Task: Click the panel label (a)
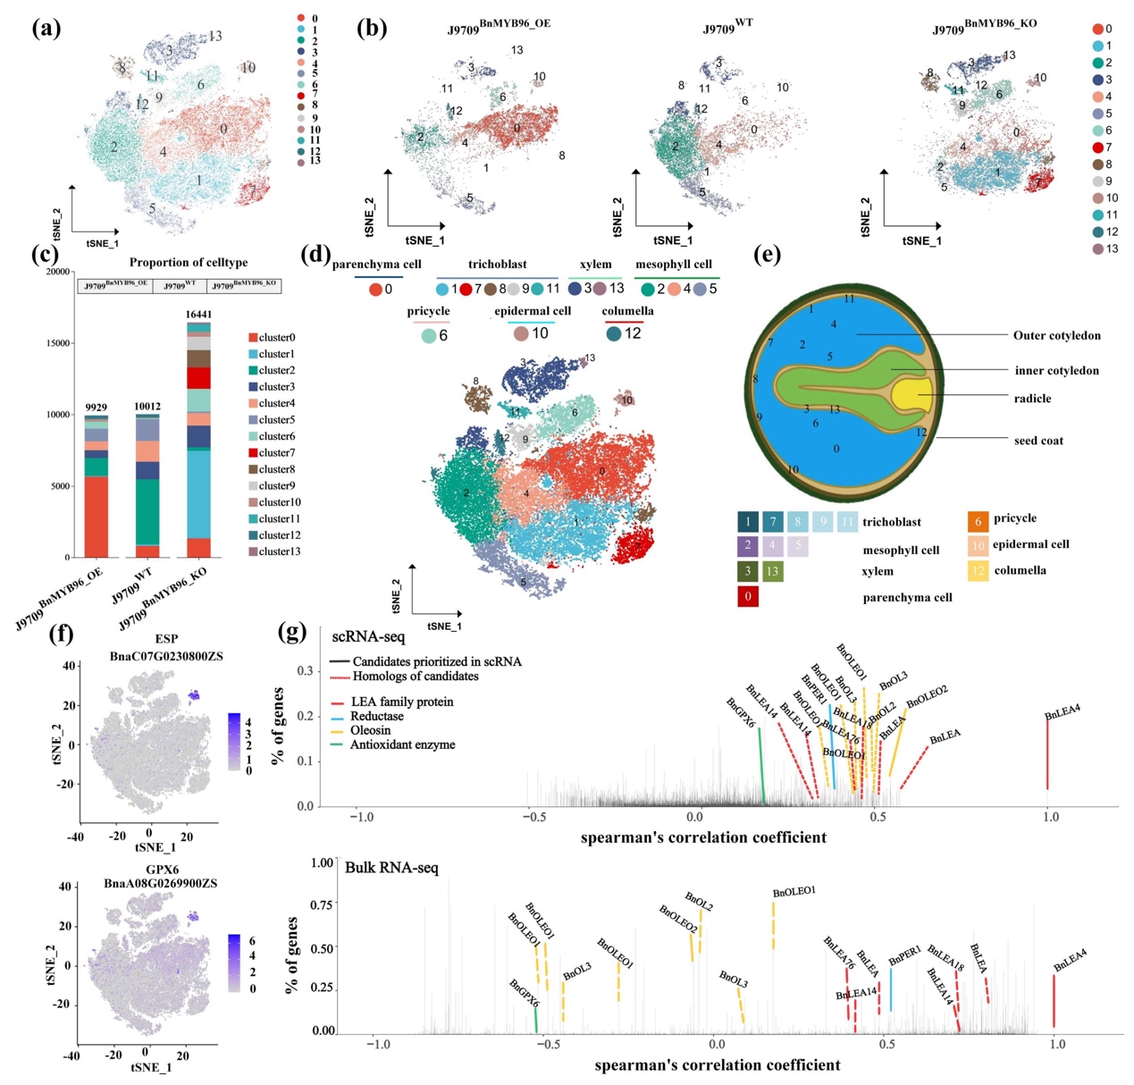[x=46, y=29]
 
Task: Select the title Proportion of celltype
[x=189, y=263]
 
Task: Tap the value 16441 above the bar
[x=198, y=315]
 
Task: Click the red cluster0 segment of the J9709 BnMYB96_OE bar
[x=96, y=517]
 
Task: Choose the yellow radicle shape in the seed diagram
[x=912, y=394]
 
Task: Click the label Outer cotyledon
[x=1056, y=336]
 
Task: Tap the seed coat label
[x=1038, y=441]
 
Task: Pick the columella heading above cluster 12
[x=627, y=311]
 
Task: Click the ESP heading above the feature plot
[x=166, y=638]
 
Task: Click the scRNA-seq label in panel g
[x=368, y=637]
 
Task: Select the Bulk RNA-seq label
[x=391, y=868]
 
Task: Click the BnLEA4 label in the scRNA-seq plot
[x=1063, y=712]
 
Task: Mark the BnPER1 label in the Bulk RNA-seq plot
[x=904, y=955]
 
